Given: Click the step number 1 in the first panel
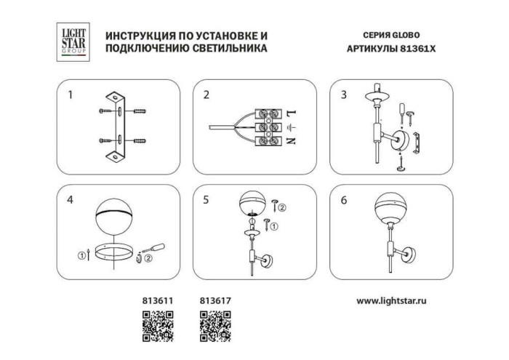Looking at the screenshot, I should (71, 95).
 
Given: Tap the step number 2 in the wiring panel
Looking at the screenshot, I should (207, 95).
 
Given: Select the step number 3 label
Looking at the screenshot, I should (344, 95).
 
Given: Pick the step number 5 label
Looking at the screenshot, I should (207, 201).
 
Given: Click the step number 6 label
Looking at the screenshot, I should (344, 201).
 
